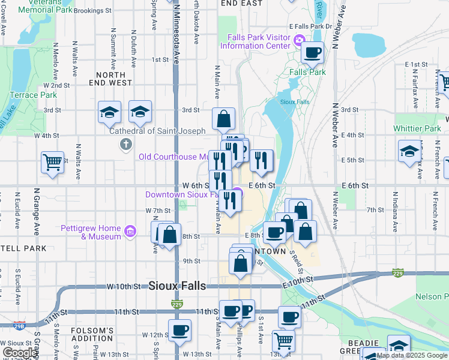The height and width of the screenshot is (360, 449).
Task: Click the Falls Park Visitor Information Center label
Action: coord(258,41)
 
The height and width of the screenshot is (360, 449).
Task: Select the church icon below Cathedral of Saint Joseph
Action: coord(125,143)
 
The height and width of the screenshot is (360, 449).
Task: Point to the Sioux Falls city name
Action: coord(177,285)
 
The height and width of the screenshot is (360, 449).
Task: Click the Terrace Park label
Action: coord(33,95)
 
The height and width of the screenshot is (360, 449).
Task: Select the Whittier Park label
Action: coord(417,128)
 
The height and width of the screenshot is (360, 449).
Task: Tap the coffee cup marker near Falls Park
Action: coord(312,53)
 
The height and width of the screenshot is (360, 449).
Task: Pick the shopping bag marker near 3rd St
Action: coord(223,119)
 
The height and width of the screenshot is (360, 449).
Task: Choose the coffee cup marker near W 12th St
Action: coord(179,330)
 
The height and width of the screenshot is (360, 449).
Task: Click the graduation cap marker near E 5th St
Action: coord(409,151)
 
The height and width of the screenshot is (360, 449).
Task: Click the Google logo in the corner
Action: coord(20,353)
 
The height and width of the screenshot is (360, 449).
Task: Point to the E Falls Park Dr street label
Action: coord(310,26)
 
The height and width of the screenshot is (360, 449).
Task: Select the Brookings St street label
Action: coord(92,11)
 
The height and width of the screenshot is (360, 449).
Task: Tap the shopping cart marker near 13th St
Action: coord(283,341)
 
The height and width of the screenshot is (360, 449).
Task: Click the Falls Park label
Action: coord(307,72)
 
